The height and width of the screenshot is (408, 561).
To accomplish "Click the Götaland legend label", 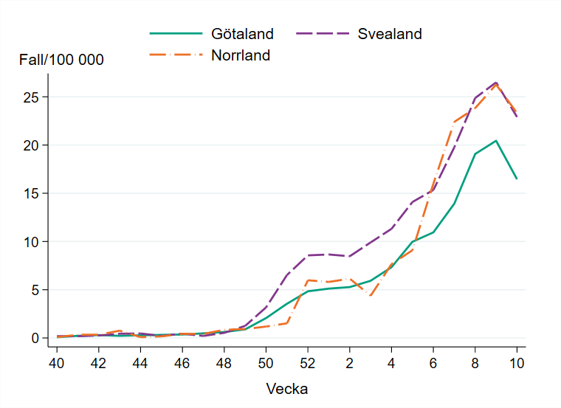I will click(x=242, y=34).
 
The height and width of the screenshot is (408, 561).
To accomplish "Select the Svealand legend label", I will click(x=390, y=34).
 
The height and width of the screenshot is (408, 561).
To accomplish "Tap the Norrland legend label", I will click(x=241, y=55).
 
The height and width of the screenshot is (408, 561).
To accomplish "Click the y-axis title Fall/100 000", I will click(x=61, y=60).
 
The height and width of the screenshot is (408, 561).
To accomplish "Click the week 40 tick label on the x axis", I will click(x=55, y=362).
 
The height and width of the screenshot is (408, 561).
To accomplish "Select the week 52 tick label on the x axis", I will click(x=307, y=362).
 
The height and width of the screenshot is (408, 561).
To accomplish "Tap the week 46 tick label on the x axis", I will click(x=182, y=362).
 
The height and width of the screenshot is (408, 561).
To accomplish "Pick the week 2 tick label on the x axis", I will click(x=349, y=362).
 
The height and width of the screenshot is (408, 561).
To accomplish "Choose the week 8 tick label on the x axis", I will click(x=475, y=362).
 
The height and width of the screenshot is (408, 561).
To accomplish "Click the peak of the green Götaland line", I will click(x=495, y=140).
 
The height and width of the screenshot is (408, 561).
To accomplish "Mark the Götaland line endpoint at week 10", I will click(x=517, y=179).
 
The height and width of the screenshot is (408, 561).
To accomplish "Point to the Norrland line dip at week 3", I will click(x=370, y=296).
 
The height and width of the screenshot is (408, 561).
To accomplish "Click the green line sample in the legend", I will click(x=176, y=34).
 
